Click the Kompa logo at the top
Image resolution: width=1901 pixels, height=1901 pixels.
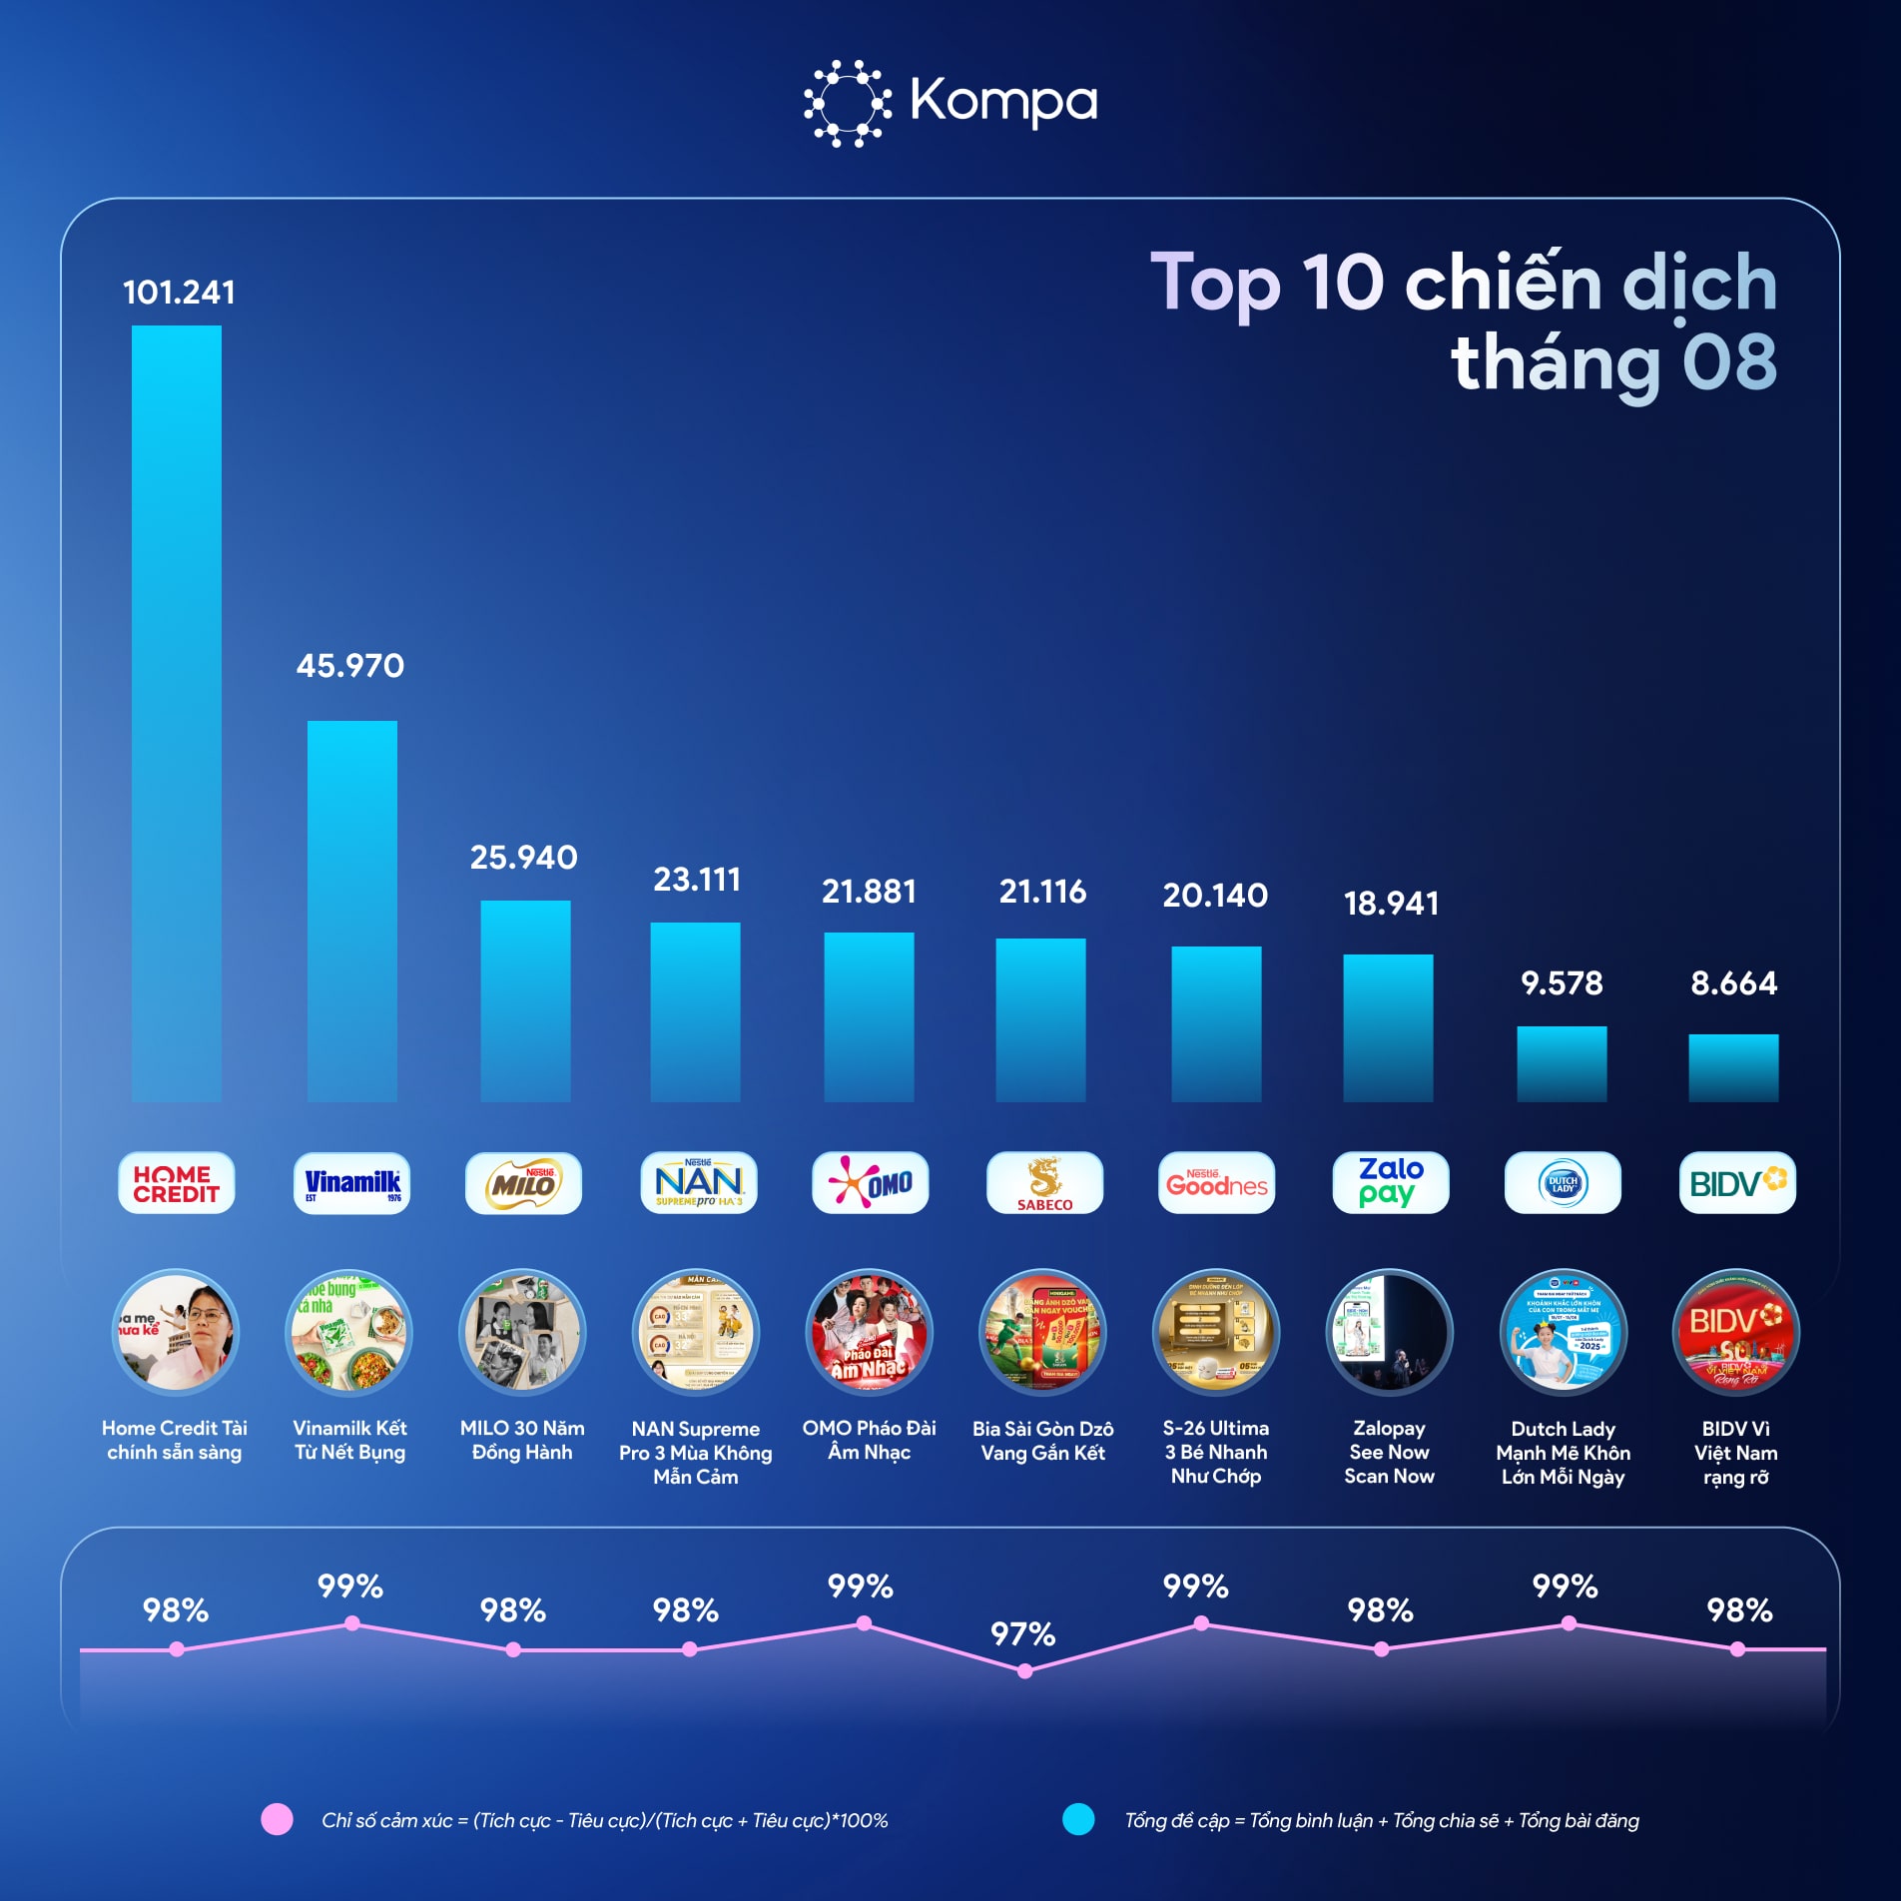pos(950,103)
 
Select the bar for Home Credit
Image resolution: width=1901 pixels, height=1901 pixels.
pos(177,714)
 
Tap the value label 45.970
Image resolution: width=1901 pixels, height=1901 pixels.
pos(350,666)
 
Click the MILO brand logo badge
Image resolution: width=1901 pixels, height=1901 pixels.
pos(523,1183)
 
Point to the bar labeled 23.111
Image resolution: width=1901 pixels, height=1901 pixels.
pos(695,1011)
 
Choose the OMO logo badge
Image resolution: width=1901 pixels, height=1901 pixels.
pos(870,1183)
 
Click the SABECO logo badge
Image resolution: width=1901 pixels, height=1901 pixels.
pos(1044,1183)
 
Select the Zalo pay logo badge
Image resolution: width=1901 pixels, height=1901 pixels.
pos(1390,1183)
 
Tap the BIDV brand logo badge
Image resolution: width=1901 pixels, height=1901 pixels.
pos(1736,1183)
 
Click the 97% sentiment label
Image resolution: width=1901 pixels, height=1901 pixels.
pos(1022,1634)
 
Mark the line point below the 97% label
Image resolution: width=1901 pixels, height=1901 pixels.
pos(1024,1671)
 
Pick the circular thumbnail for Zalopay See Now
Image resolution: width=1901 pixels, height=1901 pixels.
pos(1389,1332)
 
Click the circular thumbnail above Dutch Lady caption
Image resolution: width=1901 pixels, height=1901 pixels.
pos(1563,1332)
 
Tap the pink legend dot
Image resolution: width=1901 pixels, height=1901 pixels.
pos(277,1819)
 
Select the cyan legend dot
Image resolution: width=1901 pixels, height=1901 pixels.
pos(1078,1819)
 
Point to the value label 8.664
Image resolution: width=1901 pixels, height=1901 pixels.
pos(1733,983)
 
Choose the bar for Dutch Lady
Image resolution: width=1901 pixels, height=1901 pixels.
pos(1562,1063)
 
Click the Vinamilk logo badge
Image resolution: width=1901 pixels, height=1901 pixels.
pos(351,1183)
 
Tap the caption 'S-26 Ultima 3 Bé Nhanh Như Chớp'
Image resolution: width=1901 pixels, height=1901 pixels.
pos(1215,1452)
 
